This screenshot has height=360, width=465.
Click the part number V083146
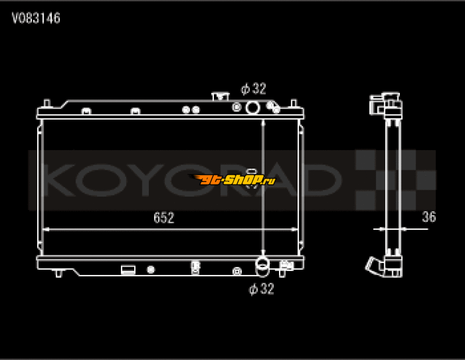pyautogui.click(x=36, y=19)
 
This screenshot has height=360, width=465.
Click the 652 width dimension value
pyautogui.click(x=163, y=218)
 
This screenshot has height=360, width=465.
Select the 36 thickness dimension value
pyautogui.click(x=428, y=218)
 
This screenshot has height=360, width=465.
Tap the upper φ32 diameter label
pyautogui.click(x=253, y=89)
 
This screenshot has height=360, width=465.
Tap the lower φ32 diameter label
pyautogui.click(x=261, y=289)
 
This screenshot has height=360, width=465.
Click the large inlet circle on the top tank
pyautogui.click(x=253, y=107)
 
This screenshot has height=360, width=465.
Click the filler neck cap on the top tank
pyautogui.click(x=219, y=95)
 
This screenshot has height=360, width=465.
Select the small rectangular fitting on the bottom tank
pyautogui.click(x=128, y=269)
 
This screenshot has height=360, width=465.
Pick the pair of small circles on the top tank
pyautogui.click(x=191, y=109)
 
